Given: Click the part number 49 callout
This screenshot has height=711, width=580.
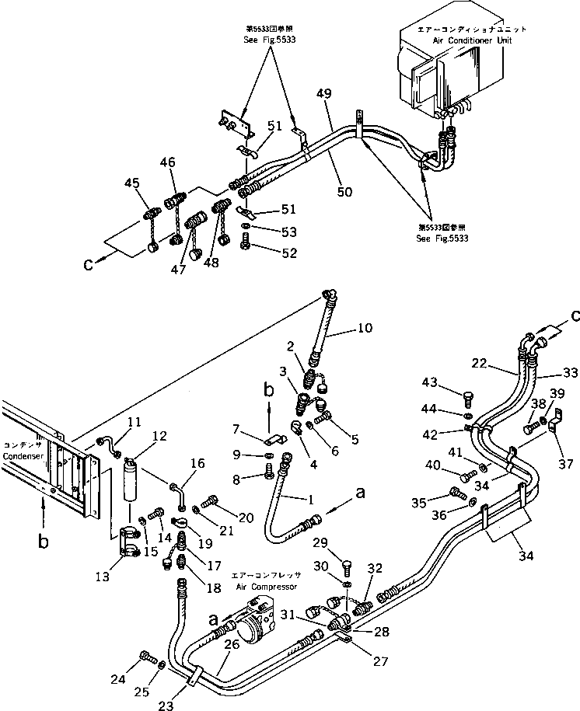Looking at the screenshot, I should (x=324, y=95).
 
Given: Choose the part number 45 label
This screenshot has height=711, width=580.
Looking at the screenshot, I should (x=131, y=183).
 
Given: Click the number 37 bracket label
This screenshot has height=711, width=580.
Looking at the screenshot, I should (x=567, y=464).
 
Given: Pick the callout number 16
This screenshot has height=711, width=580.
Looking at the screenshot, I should (x=197, y=465).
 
